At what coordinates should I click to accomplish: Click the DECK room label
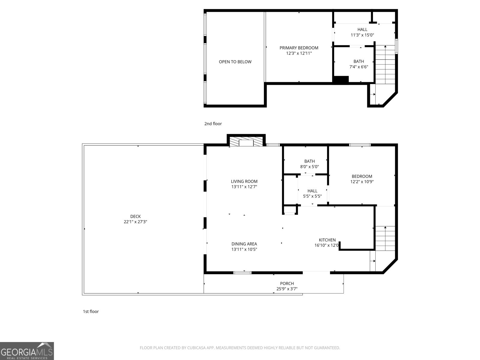(135, 216)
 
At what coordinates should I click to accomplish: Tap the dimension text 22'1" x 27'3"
(135, 222)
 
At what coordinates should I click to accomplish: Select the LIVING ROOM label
(244, 181)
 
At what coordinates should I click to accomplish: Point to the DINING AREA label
(244, 244)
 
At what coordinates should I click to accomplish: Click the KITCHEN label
(327, 240)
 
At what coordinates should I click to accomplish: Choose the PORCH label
(287, 283)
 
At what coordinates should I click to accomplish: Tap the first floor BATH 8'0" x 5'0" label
(309, 164)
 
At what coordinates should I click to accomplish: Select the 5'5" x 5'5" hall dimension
(312, 196)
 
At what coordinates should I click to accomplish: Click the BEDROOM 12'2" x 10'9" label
(362, 179)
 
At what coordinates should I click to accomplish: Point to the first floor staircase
(385, 238)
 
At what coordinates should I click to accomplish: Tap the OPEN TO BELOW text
(235, 62)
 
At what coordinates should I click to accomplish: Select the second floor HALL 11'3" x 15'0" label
(362, 32)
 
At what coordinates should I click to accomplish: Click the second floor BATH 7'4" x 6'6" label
(358, 64)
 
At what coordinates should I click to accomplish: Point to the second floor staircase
(385, 64)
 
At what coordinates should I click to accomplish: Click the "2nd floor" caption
(213, 124)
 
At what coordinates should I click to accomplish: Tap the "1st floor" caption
(91, 311)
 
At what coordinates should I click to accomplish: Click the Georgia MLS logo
(27, 351)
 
